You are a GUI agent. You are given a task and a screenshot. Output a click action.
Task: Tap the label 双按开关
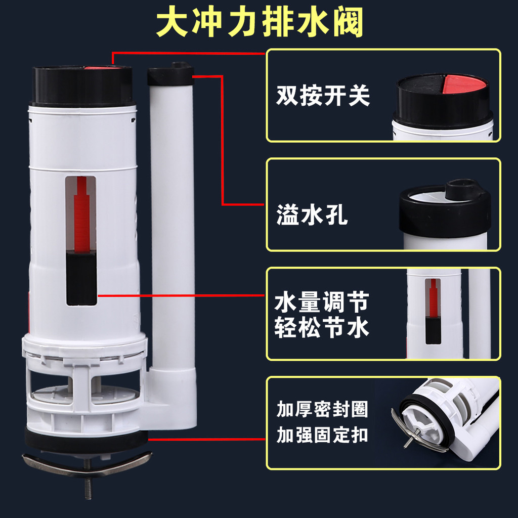click(323, 96)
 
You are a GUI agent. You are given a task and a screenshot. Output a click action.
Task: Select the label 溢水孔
click(312, 214)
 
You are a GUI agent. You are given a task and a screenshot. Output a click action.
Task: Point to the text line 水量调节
click(321, 302)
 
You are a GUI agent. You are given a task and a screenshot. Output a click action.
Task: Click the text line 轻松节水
click(321, 327)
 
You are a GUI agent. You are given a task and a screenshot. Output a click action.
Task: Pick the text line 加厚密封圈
click(322, 409)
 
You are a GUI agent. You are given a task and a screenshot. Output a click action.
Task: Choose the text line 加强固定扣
click(322, 435)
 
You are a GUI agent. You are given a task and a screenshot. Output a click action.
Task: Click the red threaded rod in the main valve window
click(81, 214)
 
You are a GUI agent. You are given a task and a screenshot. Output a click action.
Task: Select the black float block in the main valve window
click(81, 278)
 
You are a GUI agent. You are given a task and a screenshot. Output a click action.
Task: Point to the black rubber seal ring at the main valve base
click(87, 441)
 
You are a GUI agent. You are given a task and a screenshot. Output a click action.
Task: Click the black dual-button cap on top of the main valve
click(82, 86)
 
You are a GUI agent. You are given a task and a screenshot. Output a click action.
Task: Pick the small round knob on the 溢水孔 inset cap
click(461, 189)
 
